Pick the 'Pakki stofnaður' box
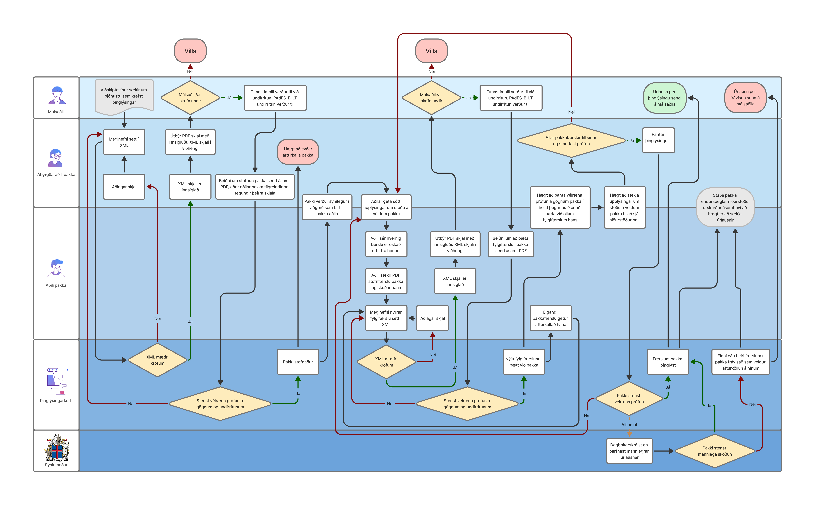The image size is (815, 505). coord(298,362)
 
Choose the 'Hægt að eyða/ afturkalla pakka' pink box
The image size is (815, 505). coord(298,152)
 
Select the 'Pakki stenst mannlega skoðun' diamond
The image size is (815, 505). coord(715,451)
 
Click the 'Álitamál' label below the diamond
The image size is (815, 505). coord(629,425)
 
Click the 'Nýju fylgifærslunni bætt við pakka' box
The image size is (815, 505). coord(524,362)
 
